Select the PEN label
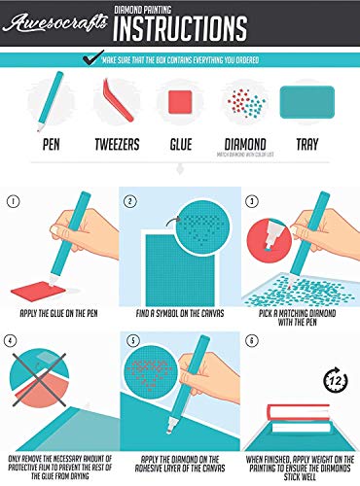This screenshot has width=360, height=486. click(42, 145)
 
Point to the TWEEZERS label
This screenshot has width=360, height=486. click(114, 145)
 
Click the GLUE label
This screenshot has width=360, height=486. click(180, 145)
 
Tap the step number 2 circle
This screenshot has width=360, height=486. click(132, 204)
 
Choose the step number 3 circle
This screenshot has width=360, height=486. click(249, 204)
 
